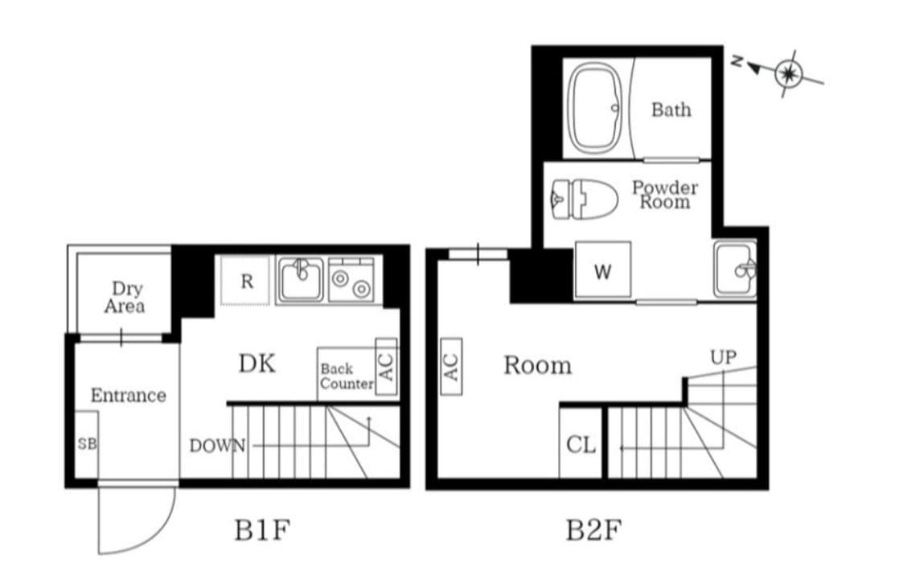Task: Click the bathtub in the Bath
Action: point(596,109)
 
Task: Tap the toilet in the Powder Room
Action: point(584,200)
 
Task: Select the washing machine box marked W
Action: point(602,269)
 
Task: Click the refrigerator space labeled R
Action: point(246,281)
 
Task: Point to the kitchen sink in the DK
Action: point(300,279)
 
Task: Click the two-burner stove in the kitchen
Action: point(351,280)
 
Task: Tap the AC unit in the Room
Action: point(451,366)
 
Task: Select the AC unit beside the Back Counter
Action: point(386,366)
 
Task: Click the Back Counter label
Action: point(347,376)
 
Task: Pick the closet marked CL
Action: point(581,443)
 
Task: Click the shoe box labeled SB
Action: point(86,444)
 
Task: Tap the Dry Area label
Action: point(125,297)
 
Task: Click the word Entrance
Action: point(128,395)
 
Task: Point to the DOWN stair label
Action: point(217,445)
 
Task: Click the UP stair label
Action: point(724,357)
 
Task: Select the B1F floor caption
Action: point(262,529)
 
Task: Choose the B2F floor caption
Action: point(593,529)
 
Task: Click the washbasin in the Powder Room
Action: point(735,269)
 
